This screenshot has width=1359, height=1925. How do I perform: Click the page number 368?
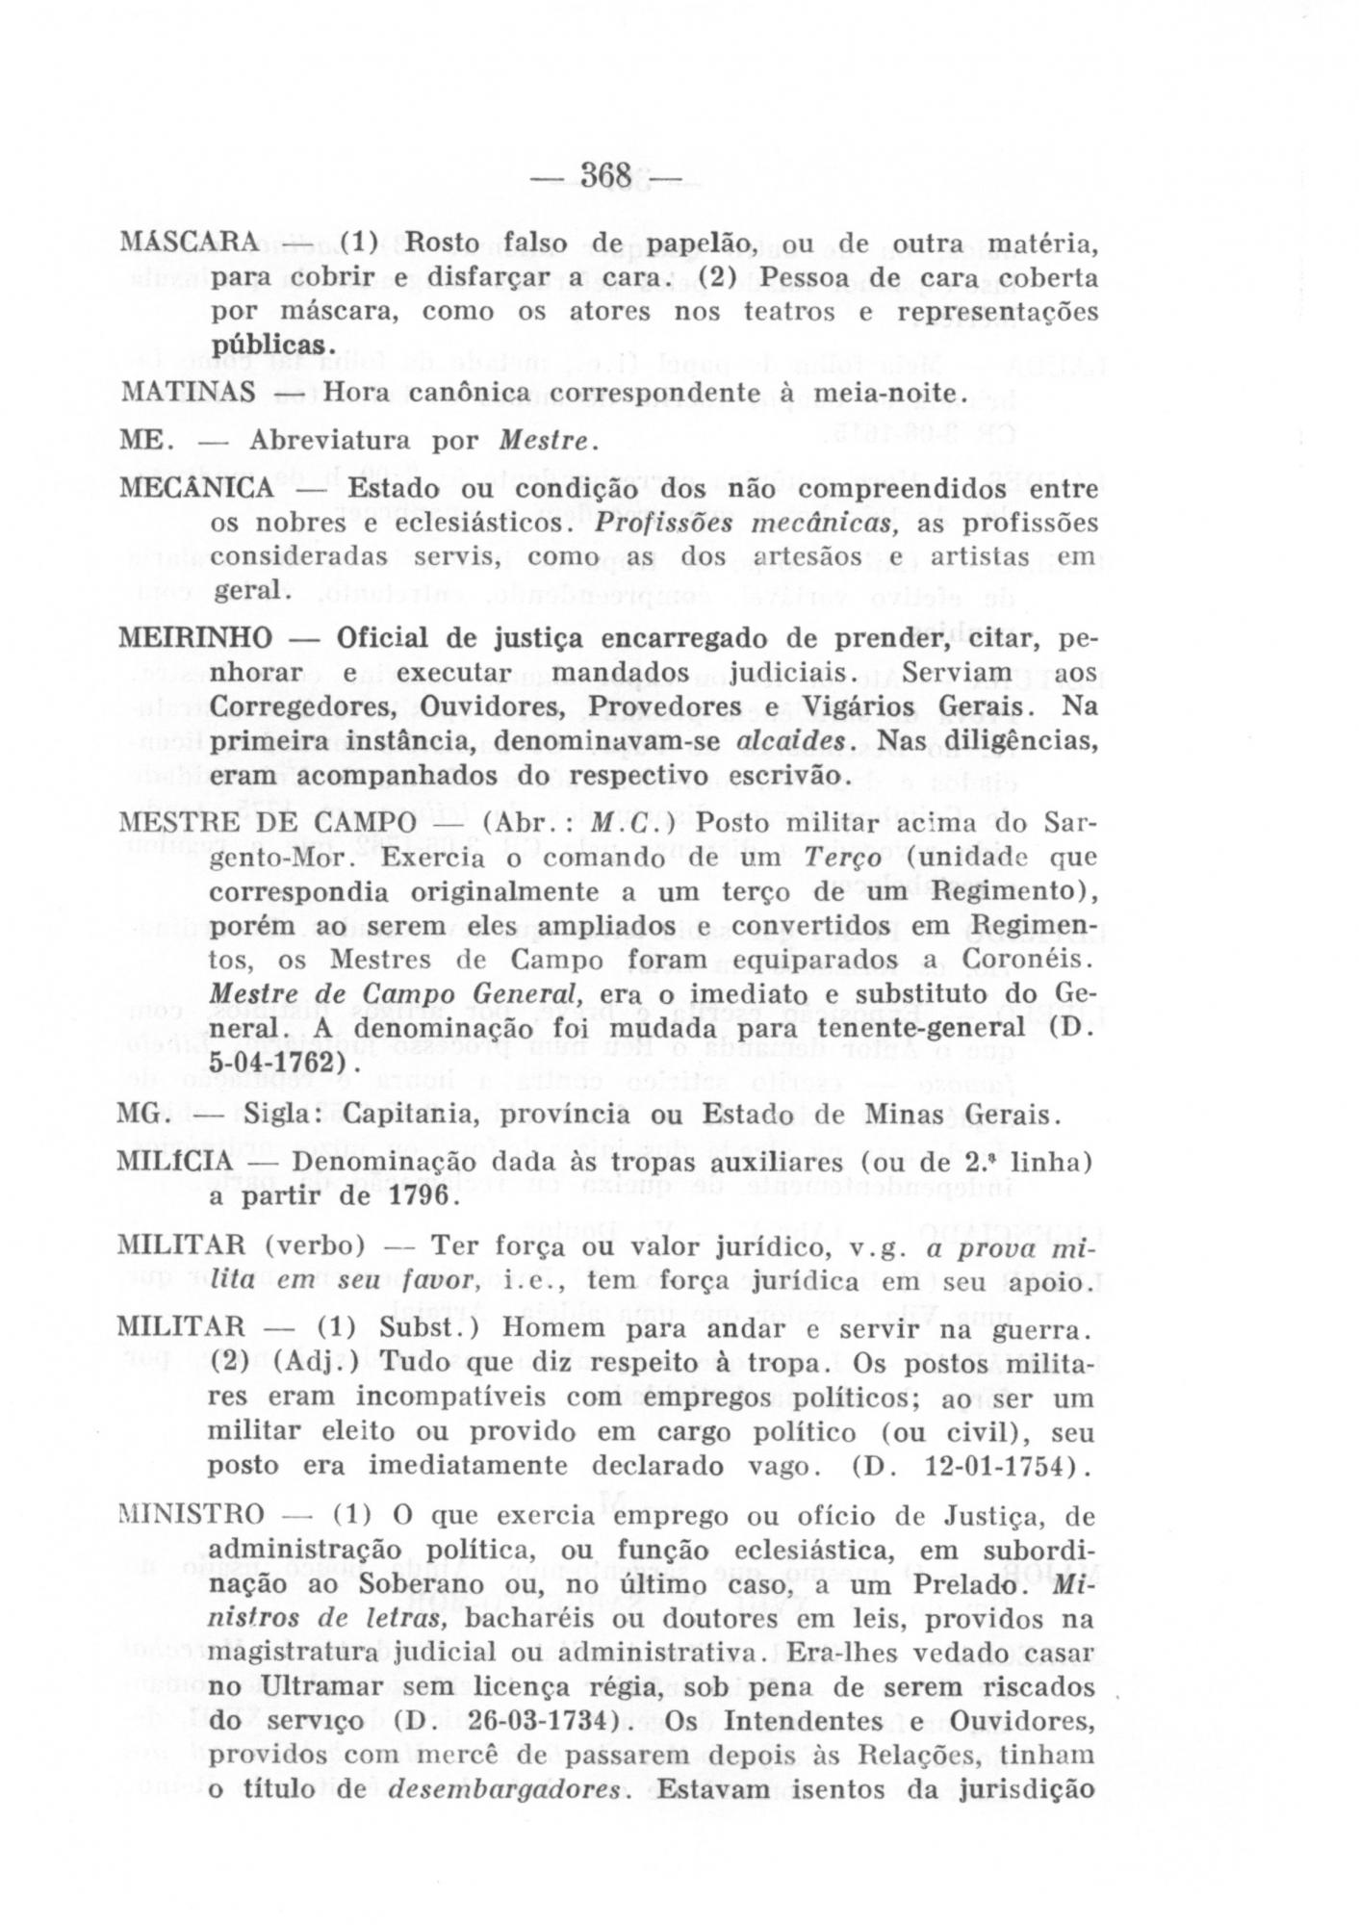point(605,176)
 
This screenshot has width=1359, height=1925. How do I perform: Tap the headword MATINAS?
point(187,393)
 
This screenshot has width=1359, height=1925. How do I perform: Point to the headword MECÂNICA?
point(196,489)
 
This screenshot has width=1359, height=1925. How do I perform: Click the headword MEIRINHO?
point(195,639)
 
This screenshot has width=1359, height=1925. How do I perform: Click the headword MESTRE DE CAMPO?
point(267,824)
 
